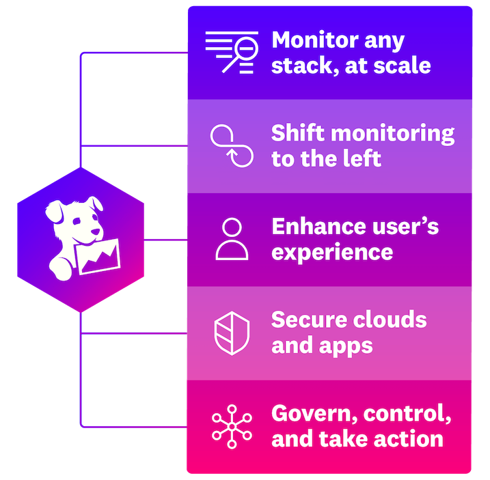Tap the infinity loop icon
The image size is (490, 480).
[x=232, y=145]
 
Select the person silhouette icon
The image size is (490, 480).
[x=232, y=239]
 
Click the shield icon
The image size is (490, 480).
[x=232, y=333]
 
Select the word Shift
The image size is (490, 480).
[x=295, y=132]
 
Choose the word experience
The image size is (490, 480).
[x=332, y=252]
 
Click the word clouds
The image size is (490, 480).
[x=391, y=320]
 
